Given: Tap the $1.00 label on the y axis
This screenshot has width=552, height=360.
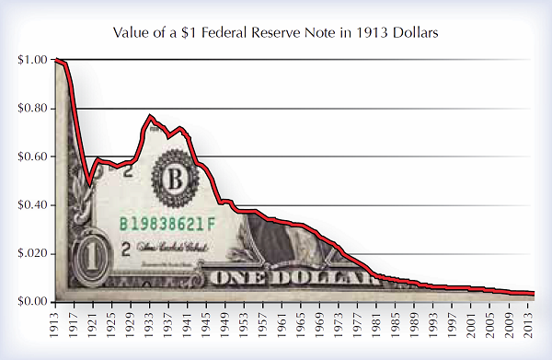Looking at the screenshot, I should [x=33, y=61].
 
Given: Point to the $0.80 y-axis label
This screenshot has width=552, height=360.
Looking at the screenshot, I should [x=33, y=109].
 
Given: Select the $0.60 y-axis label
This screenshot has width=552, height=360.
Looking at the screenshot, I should [x=33, y=157].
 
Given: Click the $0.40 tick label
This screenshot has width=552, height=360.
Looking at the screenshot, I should [x=33, y=205].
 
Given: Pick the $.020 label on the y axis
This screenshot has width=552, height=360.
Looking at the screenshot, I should [x=33, y=253].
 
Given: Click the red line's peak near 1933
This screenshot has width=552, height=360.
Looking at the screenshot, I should [x=150, y=117].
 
